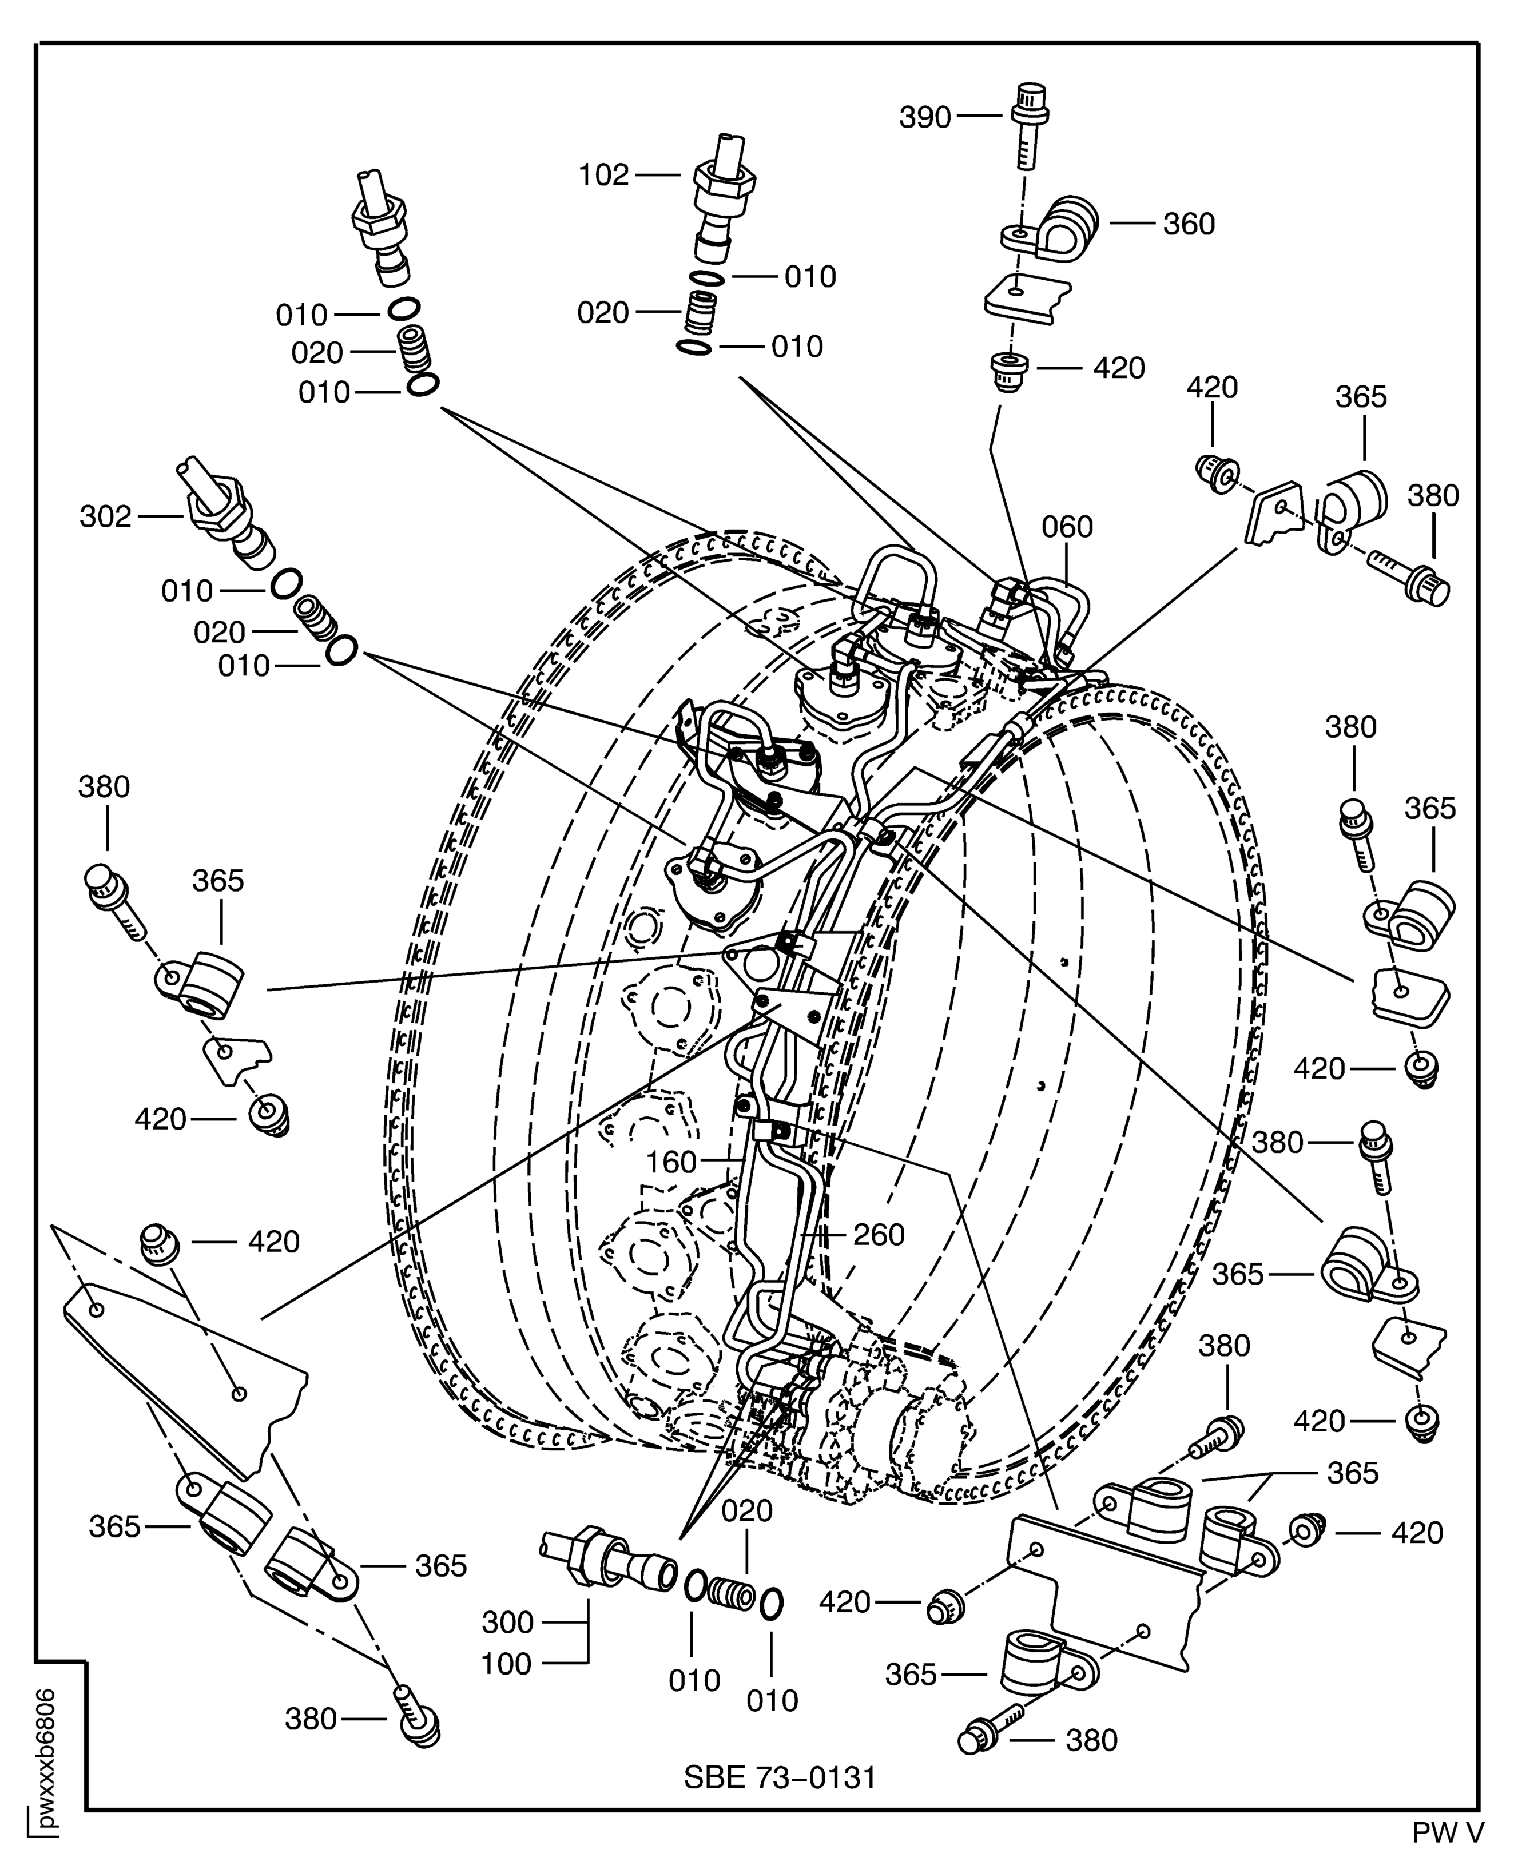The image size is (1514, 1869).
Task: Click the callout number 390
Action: click(x=924, y=117)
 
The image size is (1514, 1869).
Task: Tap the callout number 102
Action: click(x=603, y=176)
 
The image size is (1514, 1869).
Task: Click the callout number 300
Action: click(x=507, y=1622)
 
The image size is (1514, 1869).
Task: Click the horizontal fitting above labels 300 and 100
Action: click(x=610, y=1565)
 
